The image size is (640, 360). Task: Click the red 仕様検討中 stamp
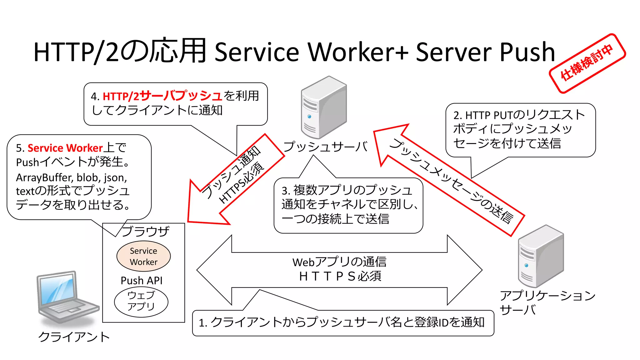[587, 63]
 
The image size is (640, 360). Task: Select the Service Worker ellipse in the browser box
[143, 256]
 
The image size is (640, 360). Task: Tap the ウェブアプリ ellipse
[141, 301]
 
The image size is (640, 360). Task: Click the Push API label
[142, 280]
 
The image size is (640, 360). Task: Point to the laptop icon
[66, 297]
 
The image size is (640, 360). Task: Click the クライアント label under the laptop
[74, 337]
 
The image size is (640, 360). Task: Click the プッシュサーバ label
[325, 146]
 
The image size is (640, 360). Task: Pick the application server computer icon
[540, 256]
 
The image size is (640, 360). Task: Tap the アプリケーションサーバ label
[547, 302]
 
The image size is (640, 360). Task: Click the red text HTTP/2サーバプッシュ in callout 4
[162, 96]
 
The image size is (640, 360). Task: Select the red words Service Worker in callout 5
[65, 148]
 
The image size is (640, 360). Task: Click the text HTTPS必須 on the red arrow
[242, 183]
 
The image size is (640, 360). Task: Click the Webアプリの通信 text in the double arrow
[339, 262]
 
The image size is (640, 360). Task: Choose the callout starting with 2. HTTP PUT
[520, 130]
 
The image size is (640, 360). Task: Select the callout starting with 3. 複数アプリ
[348, 205]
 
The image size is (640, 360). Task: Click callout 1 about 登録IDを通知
[342, 323]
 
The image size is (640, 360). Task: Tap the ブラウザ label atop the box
[145, 231]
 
